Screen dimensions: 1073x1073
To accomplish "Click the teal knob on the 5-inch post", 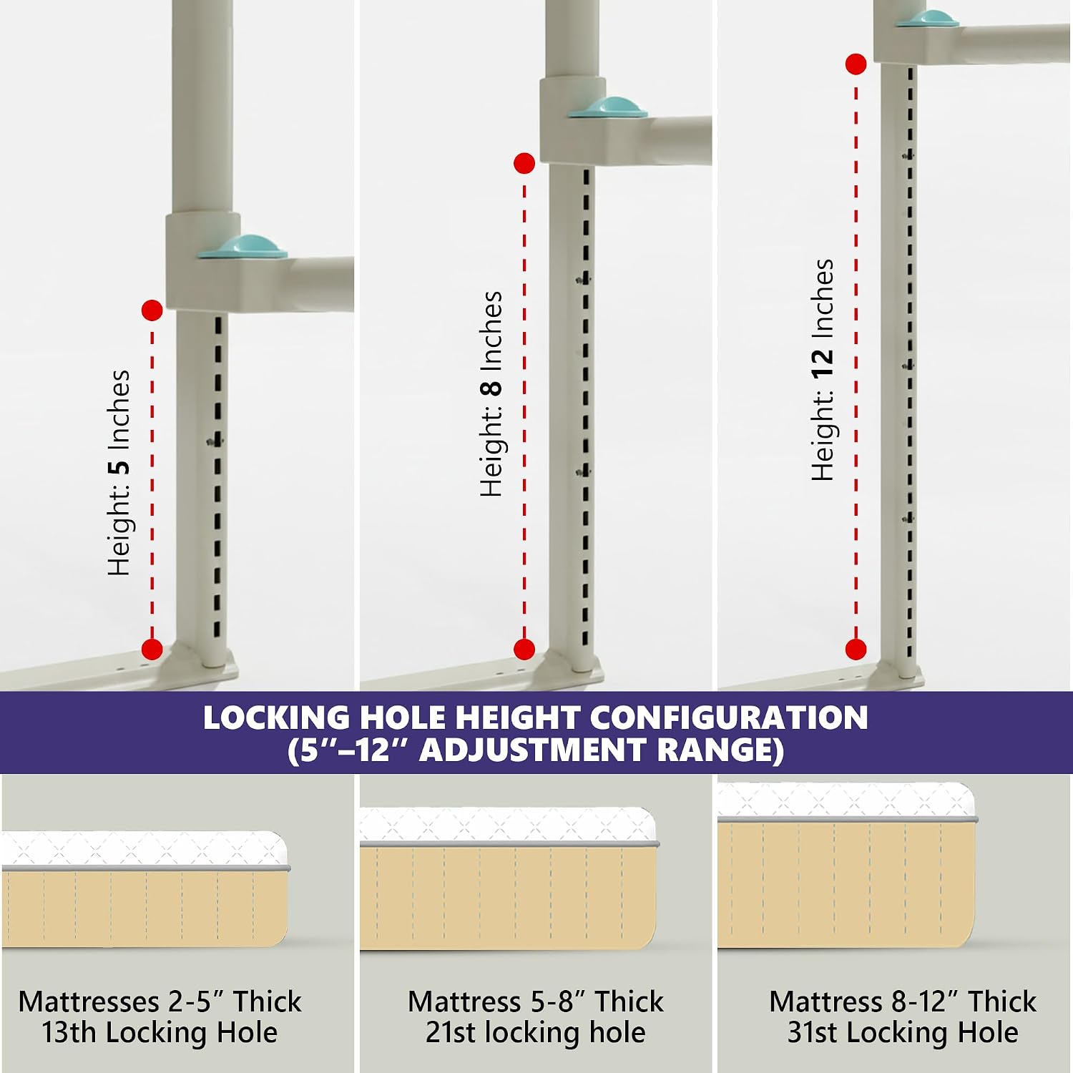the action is [242, 246].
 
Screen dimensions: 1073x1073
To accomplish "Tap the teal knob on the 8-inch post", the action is [608, 107].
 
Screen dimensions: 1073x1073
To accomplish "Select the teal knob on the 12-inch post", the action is [928, 19].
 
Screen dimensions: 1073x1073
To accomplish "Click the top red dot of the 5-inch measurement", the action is [152, 310].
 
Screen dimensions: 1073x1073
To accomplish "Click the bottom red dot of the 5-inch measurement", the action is [152, 650].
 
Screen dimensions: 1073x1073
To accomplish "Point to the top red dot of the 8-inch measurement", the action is [524, 164].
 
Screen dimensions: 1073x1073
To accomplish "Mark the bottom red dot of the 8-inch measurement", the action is [524, 650].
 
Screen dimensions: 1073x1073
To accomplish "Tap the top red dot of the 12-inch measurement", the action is [856, 64].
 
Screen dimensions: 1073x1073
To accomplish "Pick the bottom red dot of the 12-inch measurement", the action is [856, 650].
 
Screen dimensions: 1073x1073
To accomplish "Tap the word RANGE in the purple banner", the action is [720, 750].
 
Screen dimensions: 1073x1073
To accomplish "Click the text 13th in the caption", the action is [67, 1032].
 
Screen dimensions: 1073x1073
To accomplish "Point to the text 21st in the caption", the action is [451, 1032].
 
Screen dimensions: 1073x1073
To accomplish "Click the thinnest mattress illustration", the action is [145, 888].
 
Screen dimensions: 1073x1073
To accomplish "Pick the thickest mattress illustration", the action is [847, 865].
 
